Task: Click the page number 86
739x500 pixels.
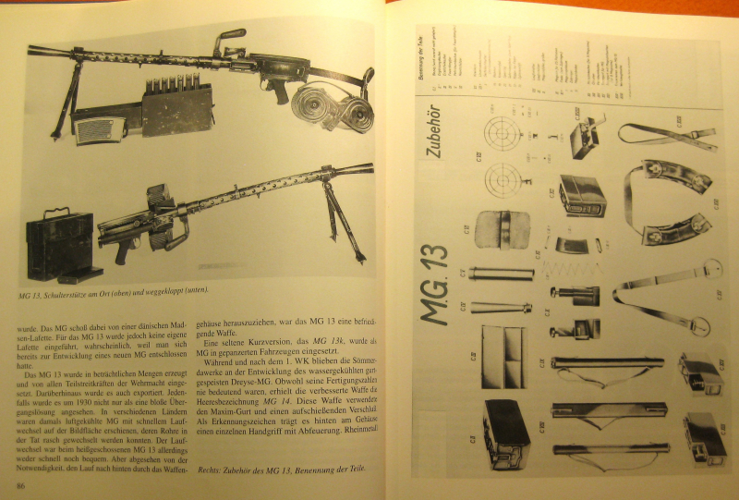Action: tap(18, 486)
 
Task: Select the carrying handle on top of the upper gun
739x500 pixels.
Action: tap(225, 39)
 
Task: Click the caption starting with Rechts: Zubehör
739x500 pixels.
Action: tap(282, 470)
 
